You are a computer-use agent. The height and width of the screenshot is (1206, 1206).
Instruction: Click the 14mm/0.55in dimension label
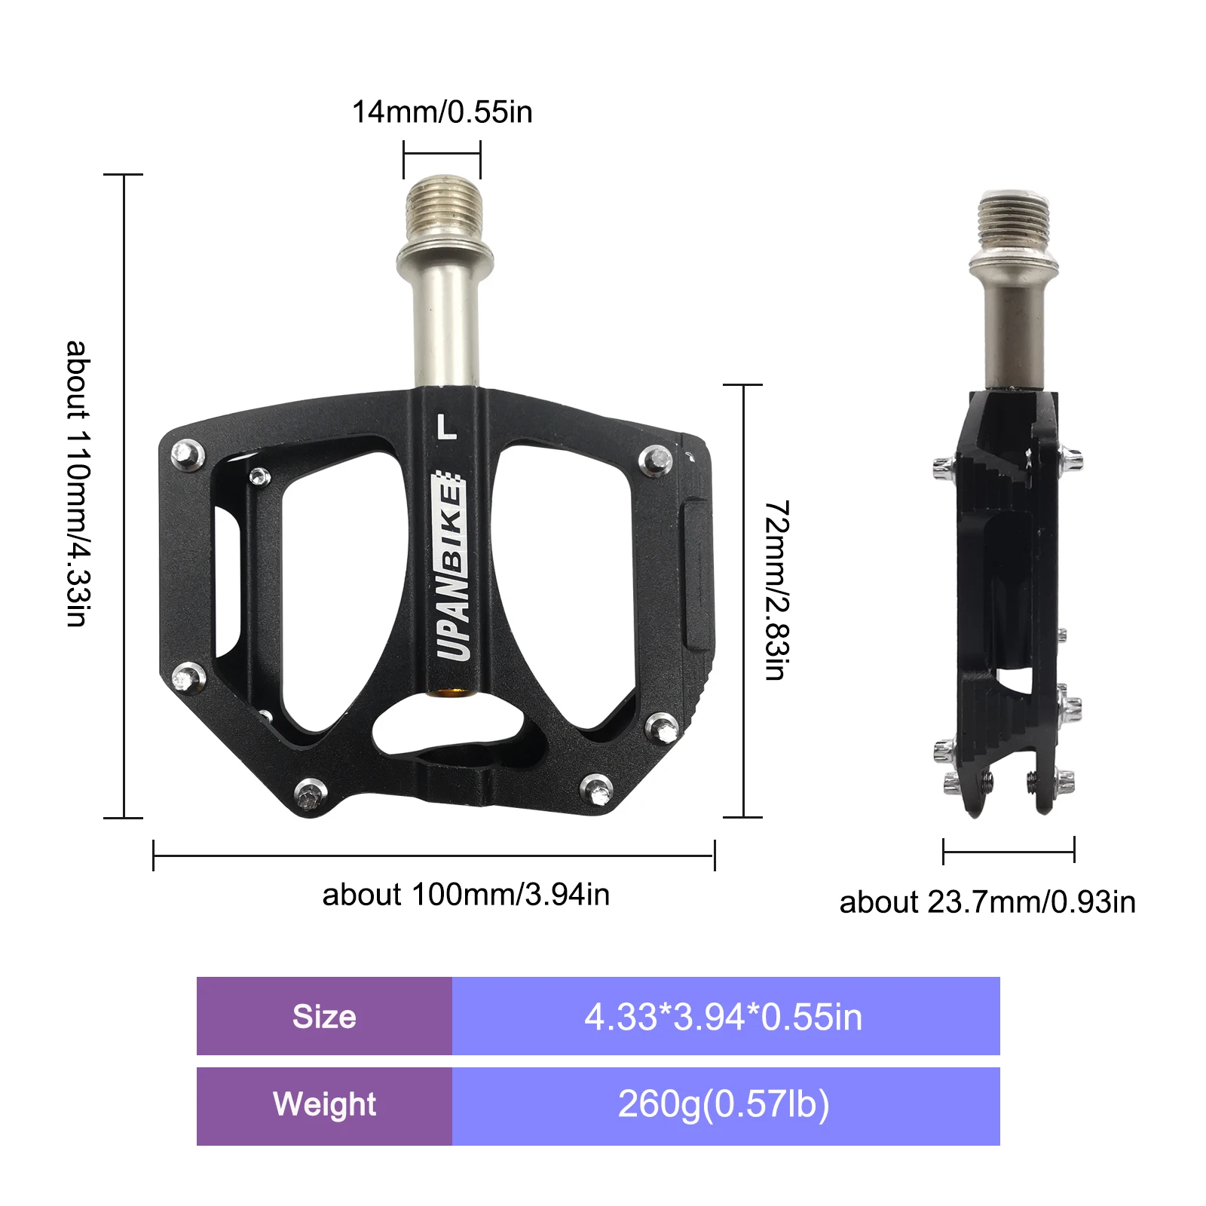442,112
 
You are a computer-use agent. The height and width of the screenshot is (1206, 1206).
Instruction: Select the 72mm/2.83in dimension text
776,589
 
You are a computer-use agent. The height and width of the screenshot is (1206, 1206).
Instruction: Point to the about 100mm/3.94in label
466,895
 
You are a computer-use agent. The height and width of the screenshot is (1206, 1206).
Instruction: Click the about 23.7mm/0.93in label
987,902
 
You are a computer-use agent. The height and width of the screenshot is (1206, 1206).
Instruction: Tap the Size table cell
324,1016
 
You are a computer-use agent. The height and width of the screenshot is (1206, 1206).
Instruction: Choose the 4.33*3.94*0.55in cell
724,1016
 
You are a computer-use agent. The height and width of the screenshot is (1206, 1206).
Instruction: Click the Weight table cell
324,1105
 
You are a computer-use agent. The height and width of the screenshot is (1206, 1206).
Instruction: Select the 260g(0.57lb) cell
724,1105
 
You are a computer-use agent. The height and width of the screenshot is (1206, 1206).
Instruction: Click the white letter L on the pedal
447,426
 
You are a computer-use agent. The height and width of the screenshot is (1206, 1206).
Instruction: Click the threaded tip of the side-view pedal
1013,219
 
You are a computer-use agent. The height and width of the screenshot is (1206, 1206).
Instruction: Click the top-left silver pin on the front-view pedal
188,455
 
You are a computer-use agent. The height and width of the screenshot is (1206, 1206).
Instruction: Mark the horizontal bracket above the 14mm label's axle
442,154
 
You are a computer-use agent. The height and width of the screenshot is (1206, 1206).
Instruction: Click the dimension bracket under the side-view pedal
1009,852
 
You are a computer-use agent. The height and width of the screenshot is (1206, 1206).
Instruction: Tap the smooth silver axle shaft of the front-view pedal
445,324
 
